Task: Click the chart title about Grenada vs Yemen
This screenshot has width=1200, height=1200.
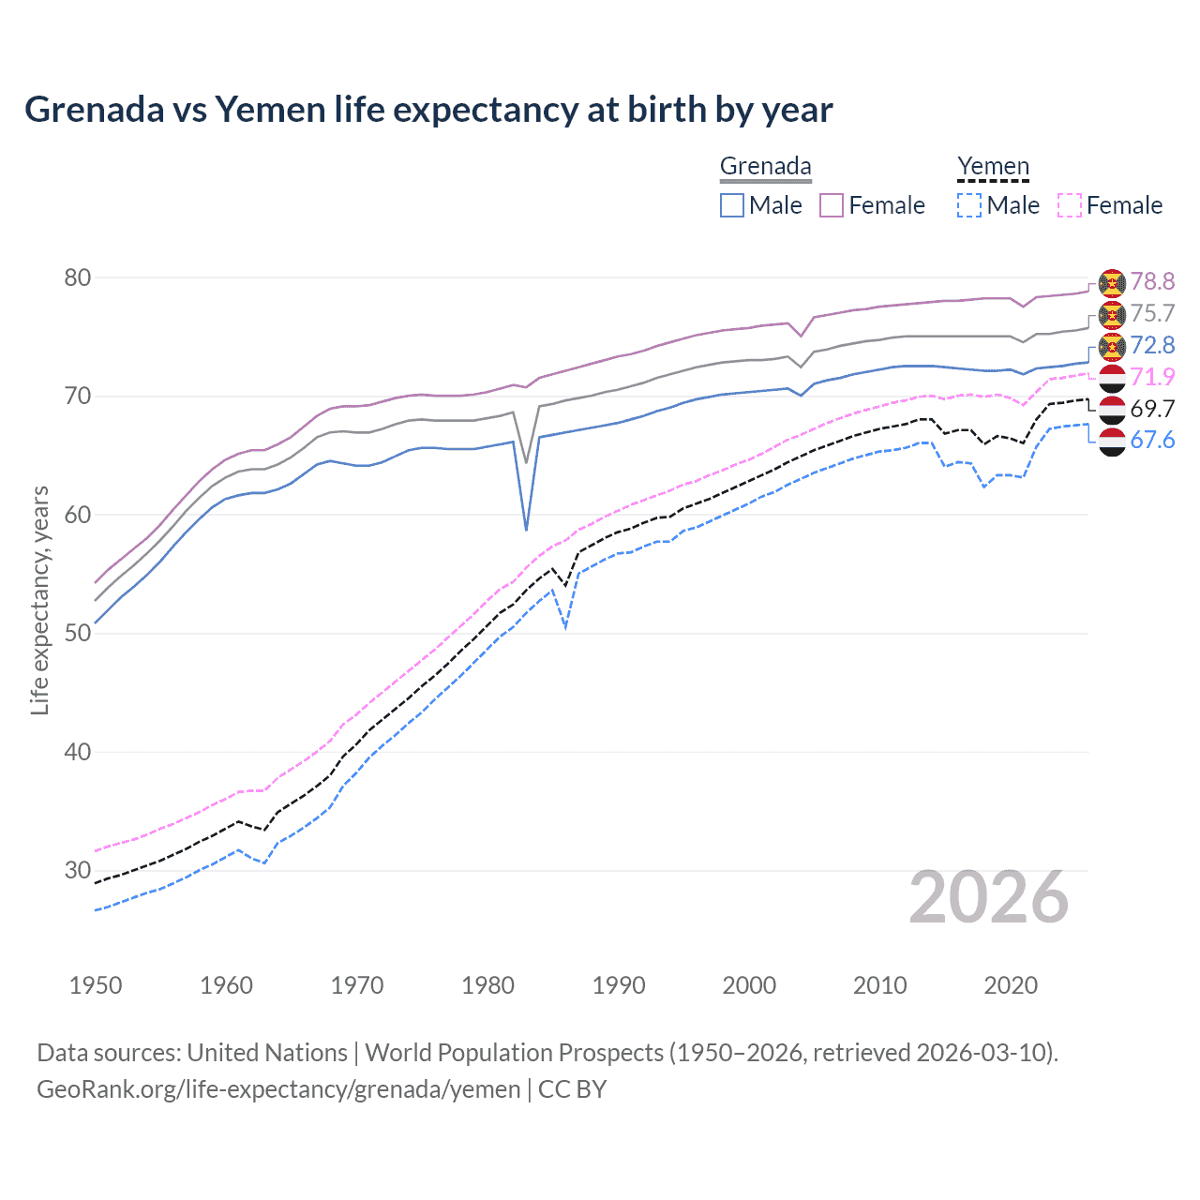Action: pyautogui.click(x=428, y=110)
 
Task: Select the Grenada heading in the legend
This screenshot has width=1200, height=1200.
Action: pyautogui.click(x=765, y=166)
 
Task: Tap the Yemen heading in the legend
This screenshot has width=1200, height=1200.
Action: pyautogui.click(x=993, y=166)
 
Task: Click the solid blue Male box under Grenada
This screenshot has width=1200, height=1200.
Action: pyautogui.click(x=732, y=205)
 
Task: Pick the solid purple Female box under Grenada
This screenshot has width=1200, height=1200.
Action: pyautogui.click(x=832, y=205)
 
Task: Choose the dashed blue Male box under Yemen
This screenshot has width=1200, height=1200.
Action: pyautogui.click(x=969, y=205)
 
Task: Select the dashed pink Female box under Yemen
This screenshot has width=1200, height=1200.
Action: pyautogui.click(x=1070, y=205)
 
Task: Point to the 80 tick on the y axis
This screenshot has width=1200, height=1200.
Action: pyautogui.click(x=78, y=277)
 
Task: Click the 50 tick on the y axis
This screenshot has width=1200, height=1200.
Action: pyautogui.click(x=78, y=633)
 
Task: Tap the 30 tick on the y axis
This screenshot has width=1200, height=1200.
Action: pyautogui.click(x=78, y=870)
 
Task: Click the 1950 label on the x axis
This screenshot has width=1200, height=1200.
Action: pyautogui.click(x=96, y=985)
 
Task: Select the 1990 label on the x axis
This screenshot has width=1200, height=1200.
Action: pyautogui.click(x=619, y=985)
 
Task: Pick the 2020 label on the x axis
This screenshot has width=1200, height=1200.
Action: pyautogui.click(x=1011, y=985)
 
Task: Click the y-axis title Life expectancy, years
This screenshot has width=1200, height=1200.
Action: pyautogui.click(x=39, y=600)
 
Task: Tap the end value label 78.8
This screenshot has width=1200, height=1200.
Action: pyautogui.click(x=1152, y=281)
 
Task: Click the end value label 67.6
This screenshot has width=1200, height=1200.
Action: pyautogui.click(x=1152, y=441)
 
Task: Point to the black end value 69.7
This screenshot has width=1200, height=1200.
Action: pyautogui.click(x=1152, y=409)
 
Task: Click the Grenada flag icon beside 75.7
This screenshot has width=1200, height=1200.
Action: pyautogui.click(x=1112, y=314)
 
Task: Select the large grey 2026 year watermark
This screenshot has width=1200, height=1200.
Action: pyautogui.click(x=989, y=897)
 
